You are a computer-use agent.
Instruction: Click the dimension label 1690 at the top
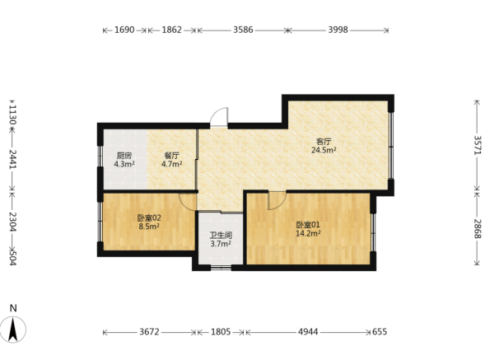tap(124, 30)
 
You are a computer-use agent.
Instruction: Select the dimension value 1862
tap(172, 30)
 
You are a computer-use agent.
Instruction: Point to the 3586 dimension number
tap(243, 30)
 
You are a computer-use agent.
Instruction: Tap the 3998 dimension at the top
tap(338, 30)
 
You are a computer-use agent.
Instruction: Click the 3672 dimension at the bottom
tap(149, 332)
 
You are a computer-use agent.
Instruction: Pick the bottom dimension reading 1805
tap(221, 332)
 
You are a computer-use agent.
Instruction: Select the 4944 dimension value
tap(308, 332)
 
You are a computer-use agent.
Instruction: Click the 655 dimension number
tap(380, 332)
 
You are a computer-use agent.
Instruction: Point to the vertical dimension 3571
tap(478, 145)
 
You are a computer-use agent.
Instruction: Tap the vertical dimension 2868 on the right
tap(478, 229)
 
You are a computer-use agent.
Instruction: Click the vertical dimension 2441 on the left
tap(12, 159)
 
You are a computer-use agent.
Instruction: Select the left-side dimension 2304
tap(12, 222)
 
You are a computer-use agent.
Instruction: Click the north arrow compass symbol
tap(13, 330)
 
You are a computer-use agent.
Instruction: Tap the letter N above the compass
tap(13, 308)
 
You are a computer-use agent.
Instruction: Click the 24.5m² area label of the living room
tap(324, 150)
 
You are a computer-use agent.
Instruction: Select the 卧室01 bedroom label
tap(308, 225)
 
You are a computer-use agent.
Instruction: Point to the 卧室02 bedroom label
tap(149, 217)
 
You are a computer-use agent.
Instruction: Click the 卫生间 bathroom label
tap(221, 235)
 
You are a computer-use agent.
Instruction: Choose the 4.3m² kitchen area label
tap(124, 164)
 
